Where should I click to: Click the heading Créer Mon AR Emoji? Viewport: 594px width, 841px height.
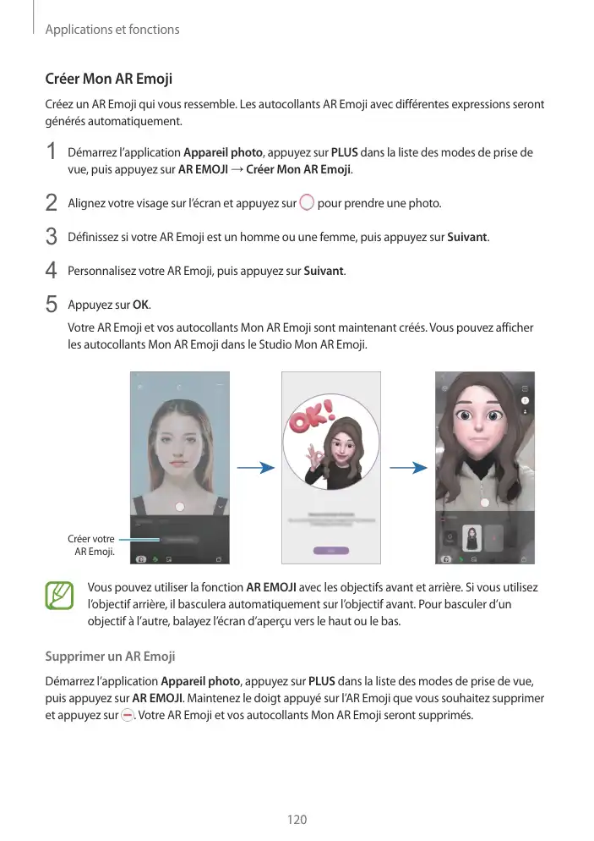(108, 80)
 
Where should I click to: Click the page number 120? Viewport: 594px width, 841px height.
(297, 819)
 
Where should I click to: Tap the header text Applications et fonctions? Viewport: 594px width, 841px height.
(112, 30)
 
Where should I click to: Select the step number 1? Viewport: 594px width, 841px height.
(52, 153)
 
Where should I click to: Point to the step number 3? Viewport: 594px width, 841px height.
(52, 236)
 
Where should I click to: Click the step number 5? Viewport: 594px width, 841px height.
(52, 304)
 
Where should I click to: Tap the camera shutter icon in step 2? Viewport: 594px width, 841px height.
(306, 203)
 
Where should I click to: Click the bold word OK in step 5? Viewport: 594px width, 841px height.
(140, 305)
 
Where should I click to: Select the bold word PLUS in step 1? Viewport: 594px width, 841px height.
(343, 153)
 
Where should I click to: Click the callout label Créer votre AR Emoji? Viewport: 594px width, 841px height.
(91, 546)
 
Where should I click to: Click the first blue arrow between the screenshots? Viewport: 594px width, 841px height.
(255, 468)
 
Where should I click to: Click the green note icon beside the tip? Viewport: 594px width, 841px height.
(61, 595)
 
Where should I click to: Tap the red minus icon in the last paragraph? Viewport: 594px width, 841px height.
(126, 715)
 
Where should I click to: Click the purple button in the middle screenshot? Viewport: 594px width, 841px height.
(331, 550)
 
